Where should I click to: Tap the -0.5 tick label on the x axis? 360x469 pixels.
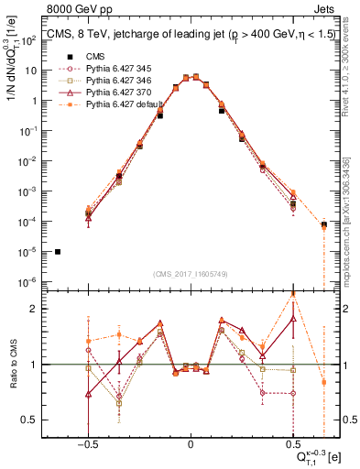[x=88, y=441]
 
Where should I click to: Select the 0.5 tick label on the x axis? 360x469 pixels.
[x=292, y=441]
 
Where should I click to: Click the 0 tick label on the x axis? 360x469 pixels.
[x=191, y=441]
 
